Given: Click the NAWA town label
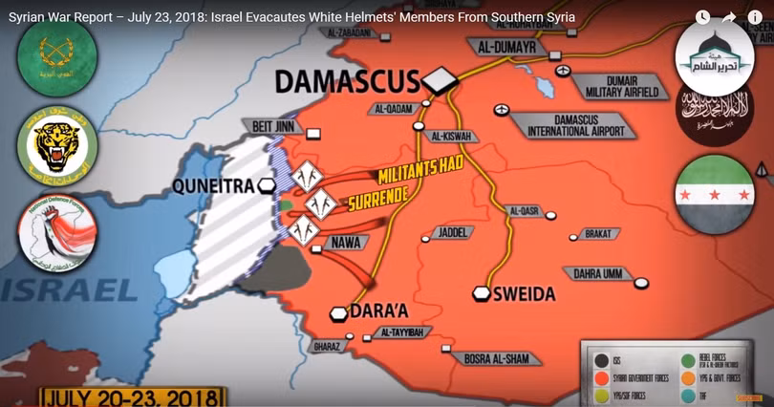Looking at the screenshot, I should coord(346,243).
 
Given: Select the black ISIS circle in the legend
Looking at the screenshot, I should coord(602,359).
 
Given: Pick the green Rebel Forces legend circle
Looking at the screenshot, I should coord(687,359).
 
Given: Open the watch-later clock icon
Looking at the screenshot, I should coord(702,17).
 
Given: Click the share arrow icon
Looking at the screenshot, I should coord(729,17).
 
